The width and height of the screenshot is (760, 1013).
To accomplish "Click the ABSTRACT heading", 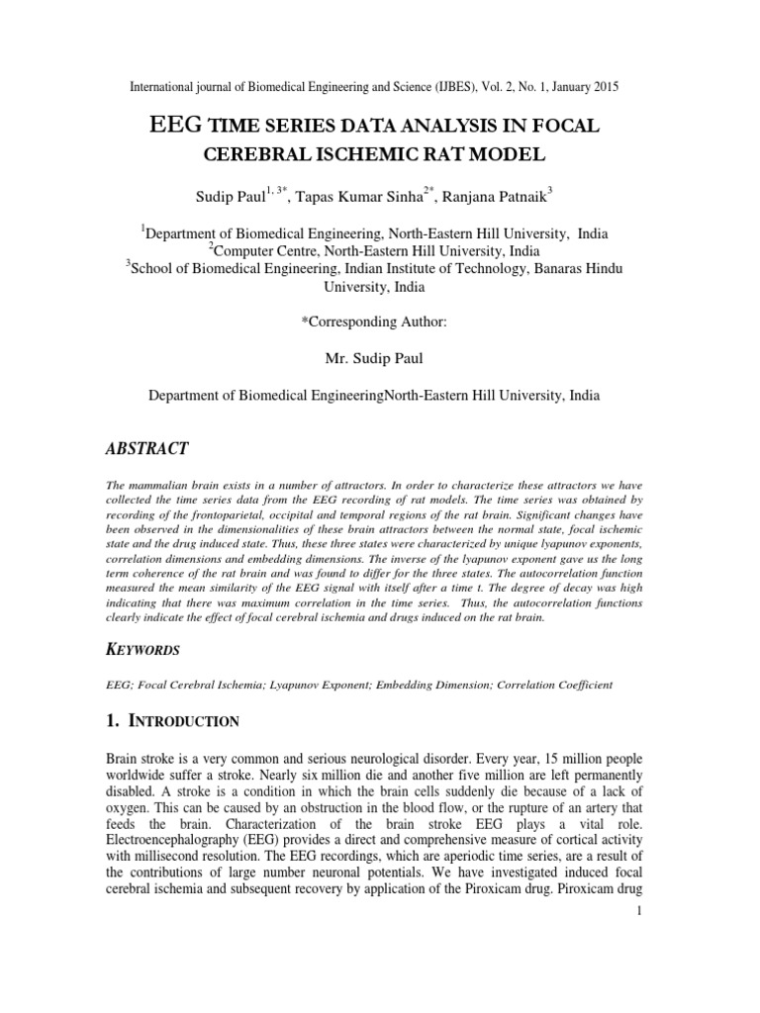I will point(146,448).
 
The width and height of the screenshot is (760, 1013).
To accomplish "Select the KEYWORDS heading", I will point(142,650).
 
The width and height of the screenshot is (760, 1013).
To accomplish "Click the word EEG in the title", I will point(175,125).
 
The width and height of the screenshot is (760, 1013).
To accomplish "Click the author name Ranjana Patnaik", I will point(493,197).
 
